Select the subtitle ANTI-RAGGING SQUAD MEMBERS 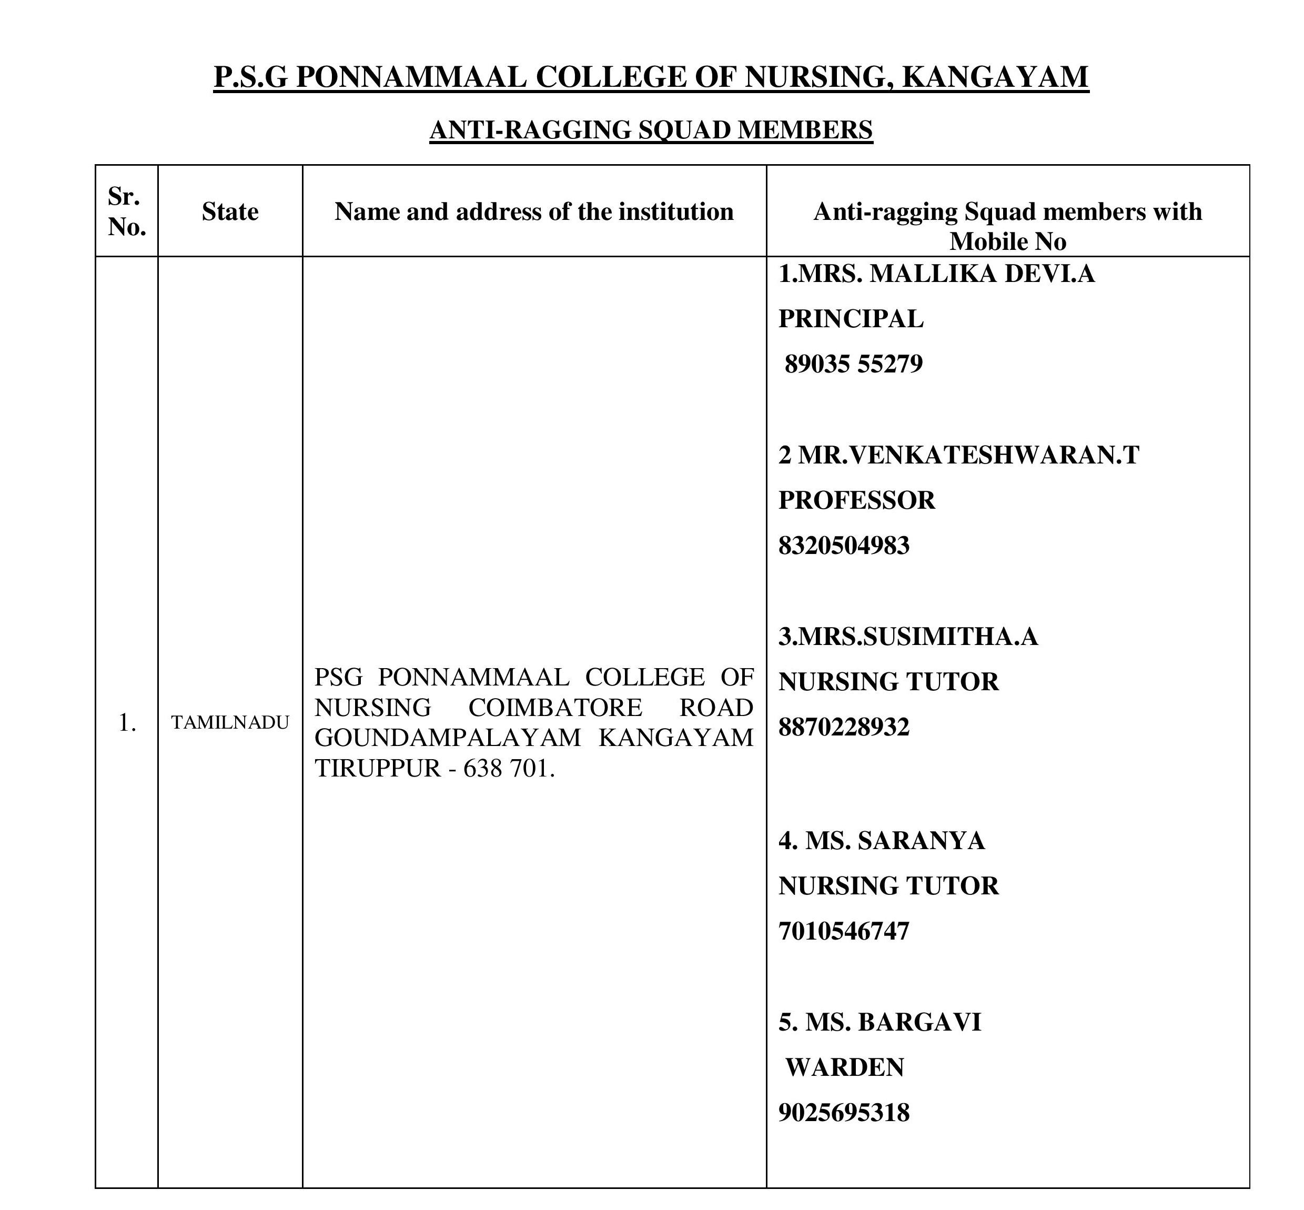(x=651, y=129)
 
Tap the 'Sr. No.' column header (x=126, y=211)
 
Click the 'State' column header (x=230, y=211)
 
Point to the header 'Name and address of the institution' (x=533, y=211)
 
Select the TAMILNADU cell (x=230, y=723)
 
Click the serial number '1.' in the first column (x=127, y=723)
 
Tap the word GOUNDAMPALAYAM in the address (x=447, y=738)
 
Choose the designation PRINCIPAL (x=851, y=319)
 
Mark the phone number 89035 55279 (x=853, y=364)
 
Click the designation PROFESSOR (x=856, y=500)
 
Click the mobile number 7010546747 (x=844, y=931)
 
